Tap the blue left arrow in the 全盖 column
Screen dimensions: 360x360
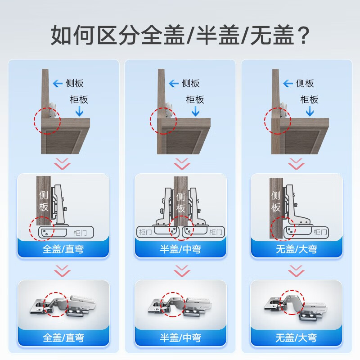click(58, 83)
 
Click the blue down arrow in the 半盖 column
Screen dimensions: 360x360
click(195, 112)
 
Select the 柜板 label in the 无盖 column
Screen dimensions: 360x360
click(309, 99)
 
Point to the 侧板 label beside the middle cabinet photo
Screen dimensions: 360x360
click(190, 83)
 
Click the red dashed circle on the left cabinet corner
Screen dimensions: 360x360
click(47, 121)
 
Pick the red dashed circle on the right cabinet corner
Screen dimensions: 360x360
click(278, 121)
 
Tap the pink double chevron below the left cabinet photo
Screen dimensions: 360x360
click(63, 163)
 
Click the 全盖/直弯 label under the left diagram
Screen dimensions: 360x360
click(63, 249)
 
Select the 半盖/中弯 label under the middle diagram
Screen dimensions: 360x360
click(180, 249)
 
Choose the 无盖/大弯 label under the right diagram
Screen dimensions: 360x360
click(297, 249)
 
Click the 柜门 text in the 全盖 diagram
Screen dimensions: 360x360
click(80, 233)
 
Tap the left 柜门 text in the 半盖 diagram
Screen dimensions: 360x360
click(145, 232)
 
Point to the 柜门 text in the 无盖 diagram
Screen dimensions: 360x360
click(320, 232)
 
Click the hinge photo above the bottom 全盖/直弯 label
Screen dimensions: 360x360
click(63, 305)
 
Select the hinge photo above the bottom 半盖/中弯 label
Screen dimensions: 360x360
click(180, 305)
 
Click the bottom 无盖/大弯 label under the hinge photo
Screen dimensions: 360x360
click(296, 338)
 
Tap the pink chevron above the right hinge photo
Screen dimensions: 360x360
click(296, 271)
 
